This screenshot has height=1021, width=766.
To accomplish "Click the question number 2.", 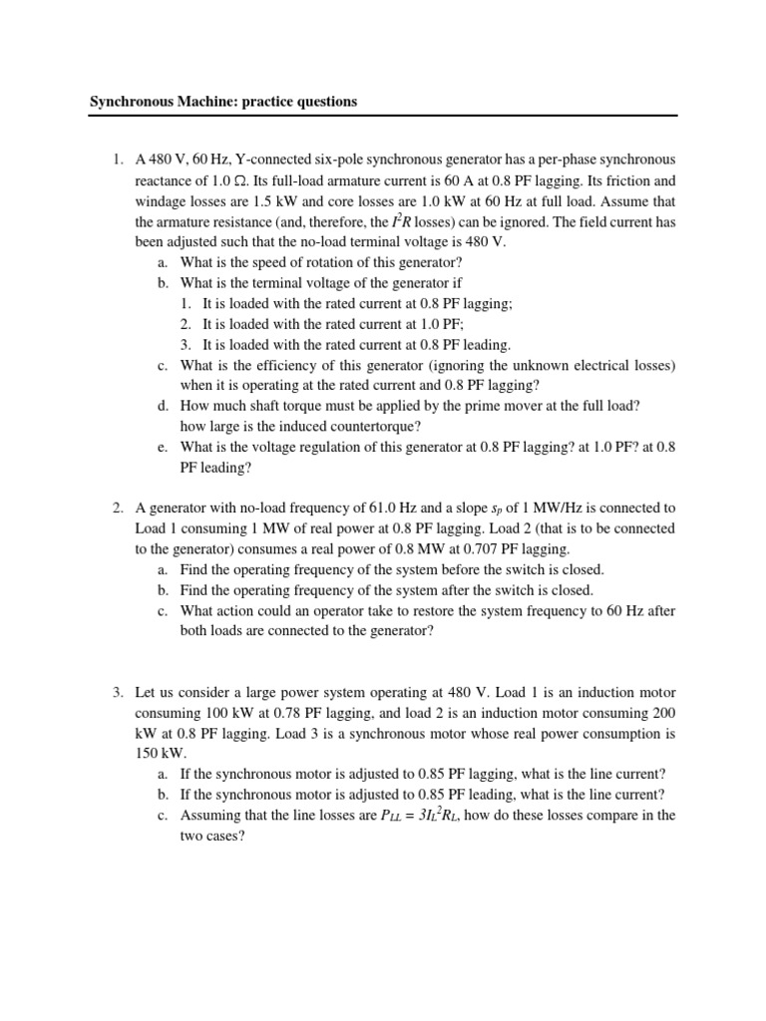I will pos(117,509).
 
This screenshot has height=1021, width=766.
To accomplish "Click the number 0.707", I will pos(462,548).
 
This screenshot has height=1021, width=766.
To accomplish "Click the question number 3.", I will pos(117,692).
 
